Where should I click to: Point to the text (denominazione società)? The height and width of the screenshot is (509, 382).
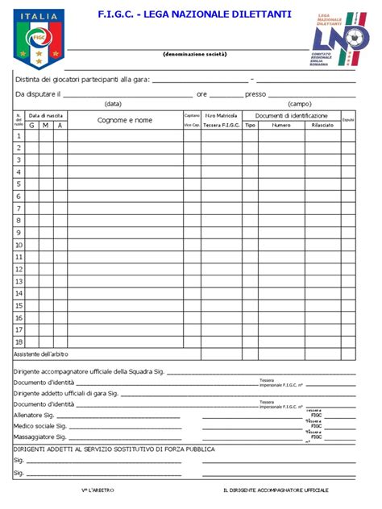[x=194, y=54]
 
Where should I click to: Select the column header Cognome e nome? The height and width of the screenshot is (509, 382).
[x=125, y=120]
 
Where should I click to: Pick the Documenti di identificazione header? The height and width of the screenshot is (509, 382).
[x=291, y=115]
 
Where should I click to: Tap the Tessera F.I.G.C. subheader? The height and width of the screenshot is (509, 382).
[x=221, y=125]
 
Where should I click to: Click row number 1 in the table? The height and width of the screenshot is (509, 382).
[x=19, y=136]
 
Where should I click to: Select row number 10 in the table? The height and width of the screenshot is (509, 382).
[x=19, y=245]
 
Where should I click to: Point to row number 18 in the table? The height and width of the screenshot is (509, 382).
[x=19, y=341]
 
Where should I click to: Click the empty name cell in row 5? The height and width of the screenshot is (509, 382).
[x=125, y=184]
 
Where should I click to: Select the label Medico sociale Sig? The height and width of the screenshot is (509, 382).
[x=39, y=426]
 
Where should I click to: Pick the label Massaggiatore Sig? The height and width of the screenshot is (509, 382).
[x=39, y=437]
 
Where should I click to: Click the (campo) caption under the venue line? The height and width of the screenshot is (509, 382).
[x=300, y=104]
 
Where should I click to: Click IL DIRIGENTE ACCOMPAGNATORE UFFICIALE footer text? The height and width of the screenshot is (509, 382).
[x=276, y=490]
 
